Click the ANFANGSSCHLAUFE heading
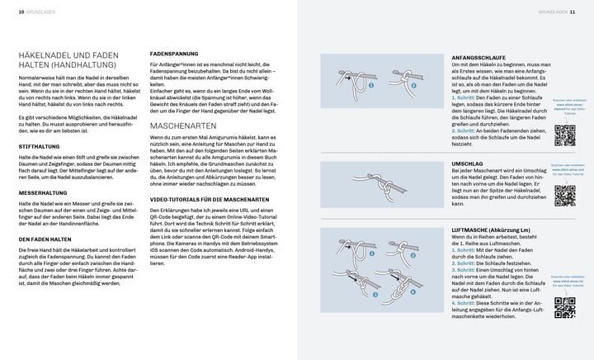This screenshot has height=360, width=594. pyautogui.click(x=477, y=57)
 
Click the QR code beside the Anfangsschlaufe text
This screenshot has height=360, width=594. pyautogui.click(x=564, y=133)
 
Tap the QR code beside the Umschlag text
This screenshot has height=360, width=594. pyautogui.click(x=564, y=195)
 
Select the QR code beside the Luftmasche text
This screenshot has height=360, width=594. pyautogui.click(x=564, y=306)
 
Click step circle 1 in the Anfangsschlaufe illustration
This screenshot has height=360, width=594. pyautogui.click(x=370, y=83)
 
